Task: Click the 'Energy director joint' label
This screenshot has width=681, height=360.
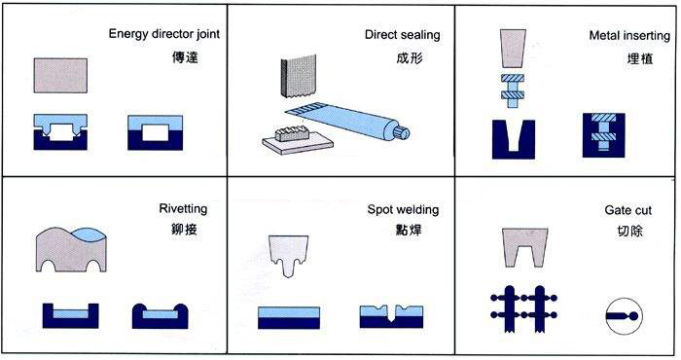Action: pos(164,34)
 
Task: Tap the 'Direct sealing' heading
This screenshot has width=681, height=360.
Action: pos(402,35)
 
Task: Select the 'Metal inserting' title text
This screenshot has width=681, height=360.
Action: pos(629,36)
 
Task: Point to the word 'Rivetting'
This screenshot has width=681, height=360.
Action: pos(183,208)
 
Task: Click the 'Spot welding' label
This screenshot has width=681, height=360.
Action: pos(403,210)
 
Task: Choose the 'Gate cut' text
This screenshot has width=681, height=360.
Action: pos(628,210)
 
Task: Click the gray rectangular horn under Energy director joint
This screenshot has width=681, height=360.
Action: pos(60,76)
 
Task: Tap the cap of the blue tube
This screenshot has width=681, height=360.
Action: pos(402,132)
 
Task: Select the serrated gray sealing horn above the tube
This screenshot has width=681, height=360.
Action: pos(299,77)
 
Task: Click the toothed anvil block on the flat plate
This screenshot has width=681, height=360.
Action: pos(292,134)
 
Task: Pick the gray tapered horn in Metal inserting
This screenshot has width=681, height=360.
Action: pos(513,49)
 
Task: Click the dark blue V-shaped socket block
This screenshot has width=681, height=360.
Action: pos(514,139)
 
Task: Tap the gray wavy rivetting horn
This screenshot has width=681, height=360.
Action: pos(71,250)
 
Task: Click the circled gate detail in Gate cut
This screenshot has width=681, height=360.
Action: pos(624,315)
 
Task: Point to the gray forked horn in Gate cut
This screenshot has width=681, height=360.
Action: pos(524,247)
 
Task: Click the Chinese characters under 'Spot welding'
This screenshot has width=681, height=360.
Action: pos(409,230)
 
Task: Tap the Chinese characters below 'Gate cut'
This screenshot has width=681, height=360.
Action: pos(629,231)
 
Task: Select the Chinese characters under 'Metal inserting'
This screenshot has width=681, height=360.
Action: pos(640,58)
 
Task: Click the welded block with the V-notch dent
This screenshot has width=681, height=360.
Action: pos(391,316)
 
